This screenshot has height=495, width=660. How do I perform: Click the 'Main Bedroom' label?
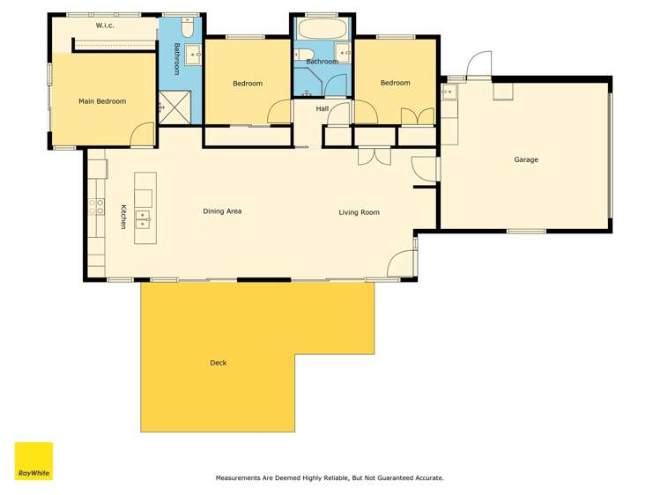pyautogui.click(x=102, y=101)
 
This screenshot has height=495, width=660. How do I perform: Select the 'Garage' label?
pyautogui.click(x=526, y=159)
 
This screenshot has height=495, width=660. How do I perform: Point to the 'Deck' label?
pyautogui.click(x=218, y=362)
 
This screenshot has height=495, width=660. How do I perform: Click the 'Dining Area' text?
pyautogui.click(x=222, y=211)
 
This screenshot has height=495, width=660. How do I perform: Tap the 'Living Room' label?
pyautogui.click(x=360, y=212)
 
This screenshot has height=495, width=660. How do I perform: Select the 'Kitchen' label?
pyautogui.click(x=124, y=216)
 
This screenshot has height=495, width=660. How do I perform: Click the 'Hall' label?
pyautogui.click(x=322, y=108)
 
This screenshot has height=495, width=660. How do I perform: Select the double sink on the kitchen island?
pyautogui.click(x=143, y=218)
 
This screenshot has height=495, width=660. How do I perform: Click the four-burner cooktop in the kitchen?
pyautogui.click(x=95, y=208)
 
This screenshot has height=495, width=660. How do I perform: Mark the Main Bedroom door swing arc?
pyautogui.click(x=140, y=134)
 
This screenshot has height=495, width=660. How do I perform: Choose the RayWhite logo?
pyautogui.click(x=33, y=461)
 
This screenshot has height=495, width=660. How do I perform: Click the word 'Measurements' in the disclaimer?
pyautogui.click(x=240, y=478)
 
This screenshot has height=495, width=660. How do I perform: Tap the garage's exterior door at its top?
pyautogui.click(x=480, y=63)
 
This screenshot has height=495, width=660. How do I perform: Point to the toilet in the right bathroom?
pyautogui.click(x=300, y=57)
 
